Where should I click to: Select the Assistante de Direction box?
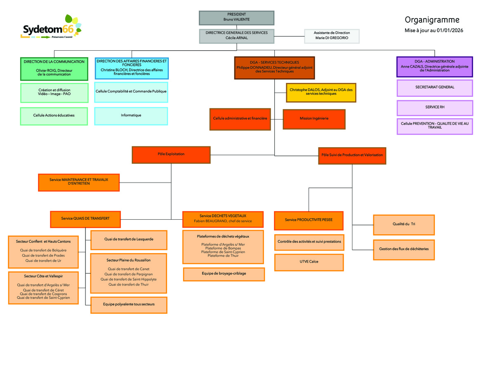click(332, 35)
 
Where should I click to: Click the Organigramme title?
click(432, 20)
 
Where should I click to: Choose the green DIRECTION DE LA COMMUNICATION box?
click(54, 68)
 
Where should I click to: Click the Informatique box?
click(131, 115)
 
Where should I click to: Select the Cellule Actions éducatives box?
click(54, 115)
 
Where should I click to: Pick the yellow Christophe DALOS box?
click(321, 92)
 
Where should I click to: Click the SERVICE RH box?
click(434, 107)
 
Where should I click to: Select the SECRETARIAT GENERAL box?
click(434, 87)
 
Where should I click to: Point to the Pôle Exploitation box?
click(171, 154)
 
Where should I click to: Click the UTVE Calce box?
click(309, 262)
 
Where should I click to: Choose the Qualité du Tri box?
click(403, 224)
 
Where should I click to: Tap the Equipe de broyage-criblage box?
click(224, 274)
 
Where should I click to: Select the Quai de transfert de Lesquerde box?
click(129, 239)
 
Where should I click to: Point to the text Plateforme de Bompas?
click(223, 248)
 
